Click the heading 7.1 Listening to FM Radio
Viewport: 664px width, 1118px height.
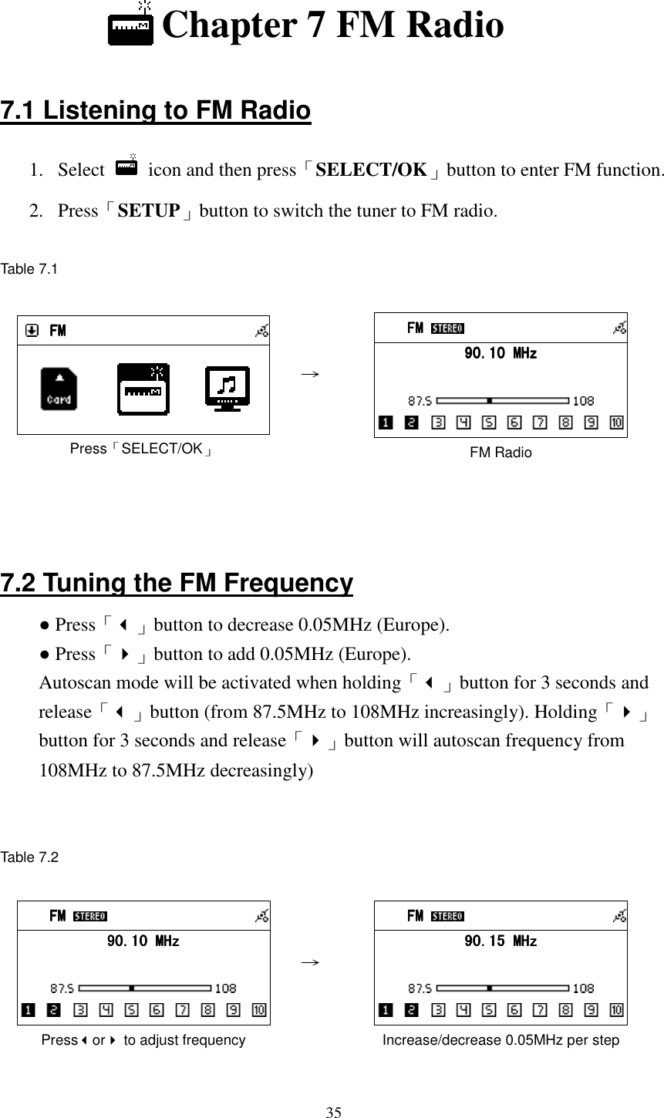click(156, 111)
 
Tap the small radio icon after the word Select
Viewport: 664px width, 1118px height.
click(126, 167)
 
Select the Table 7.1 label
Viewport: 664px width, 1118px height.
click(29, 269)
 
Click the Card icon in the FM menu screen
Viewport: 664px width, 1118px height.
click(59, 389)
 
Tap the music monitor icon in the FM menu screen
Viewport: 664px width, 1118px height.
click(228, 389)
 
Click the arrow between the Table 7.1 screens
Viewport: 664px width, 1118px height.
click(310, 372)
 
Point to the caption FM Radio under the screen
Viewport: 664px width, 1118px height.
click(501, 453)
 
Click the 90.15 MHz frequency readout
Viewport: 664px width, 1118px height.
click(500, 941)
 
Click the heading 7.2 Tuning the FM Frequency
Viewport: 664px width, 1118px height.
click(177, 583)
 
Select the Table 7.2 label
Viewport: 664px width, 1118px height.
click(29, 857)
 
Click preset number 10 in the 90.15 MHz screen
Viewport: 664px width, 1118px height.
click(617, 1010)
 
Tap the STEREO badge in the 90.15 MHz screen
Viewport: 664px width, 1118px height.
click(447, 917)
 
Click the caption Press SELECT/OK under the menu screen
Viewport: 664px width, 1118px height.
click(143, 449)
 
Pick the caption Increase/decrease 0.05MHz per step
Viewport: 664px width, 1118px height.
click(501, 1041)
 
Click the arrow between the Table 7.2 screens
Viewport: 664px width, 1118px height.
click(310, 961)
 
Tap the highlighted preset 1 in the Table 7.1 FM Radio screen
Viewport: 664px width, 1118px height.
click(385, 423)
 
